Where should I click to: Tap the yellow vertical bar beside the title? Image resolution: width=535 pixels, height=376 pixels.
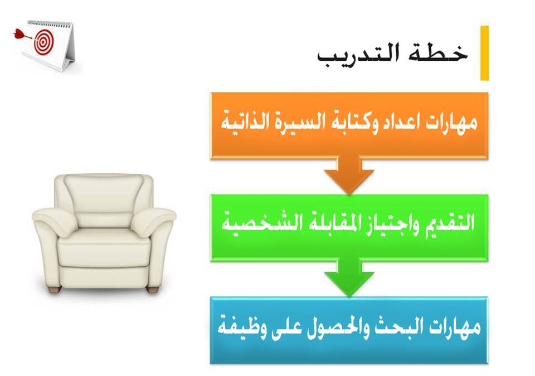(484, 53)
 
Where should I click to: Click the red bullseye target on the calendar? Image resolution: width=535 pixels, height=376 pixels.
(43, 41)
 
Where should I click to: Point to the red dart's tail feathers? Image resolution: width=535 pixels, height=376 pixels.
(18, 34)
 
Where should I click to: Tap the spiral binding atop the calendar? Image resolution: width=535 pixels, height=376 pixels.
(50, 24)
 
